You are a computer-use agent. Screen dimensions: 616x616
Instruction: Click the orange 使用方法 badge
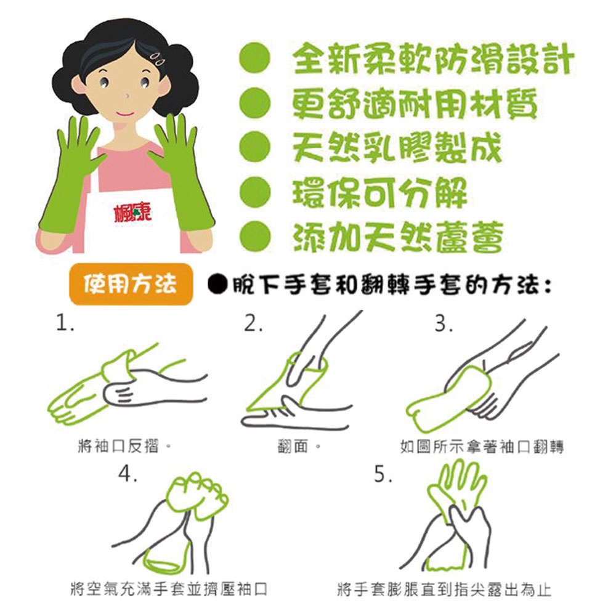point(131,284)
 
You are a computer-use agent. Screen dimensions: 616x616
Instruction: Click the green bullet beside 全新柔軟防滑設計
point(256,58)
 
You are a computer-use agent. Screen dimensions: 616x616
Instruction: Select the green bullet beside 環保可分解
point(256,192)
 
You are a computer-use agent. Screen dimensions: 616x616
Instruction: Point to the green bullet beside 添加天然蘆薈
point(256,237)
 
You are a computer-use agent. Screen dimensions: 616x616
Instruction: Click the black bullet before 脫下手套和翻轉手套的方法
point(218,284)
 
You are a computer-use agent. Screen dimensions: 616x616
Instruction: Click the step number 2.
point(253,323)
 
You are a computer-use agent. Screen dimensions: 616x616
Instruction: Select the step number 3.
point(444,323)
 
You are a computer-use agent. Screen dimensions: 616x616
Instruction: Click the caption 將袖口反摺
point(124,446)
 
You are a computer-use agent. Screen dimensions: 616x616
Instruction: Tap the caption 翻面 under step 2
point(299,446)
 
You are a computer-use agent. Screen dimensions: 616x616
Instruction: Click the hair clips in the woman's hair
point(158,58)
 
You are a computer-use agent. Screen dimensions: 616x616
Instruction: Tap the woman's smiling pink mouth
point(125,113)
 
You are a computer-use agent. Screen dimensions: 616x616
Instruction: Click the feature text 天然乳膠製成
point(397,148)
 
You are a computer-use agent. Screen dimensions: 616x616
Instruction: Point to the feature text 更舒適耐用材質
point(415,103)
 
